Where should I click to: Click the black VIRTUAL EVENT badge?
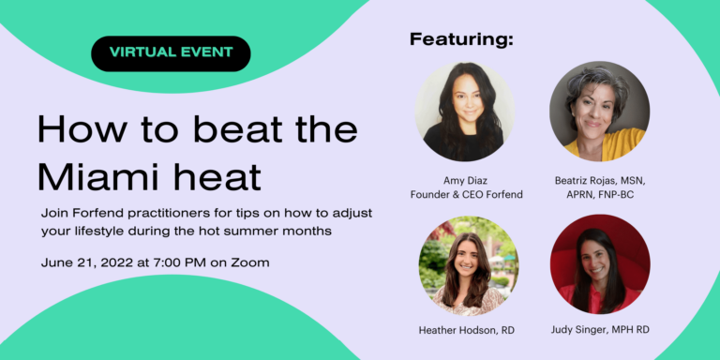[x=171, y=53]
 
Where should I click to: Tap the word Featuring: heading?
[x=461, y=40]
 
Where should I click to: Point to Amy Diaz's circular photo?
[x=465, y=112]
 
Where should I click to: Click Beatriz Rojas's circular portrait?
[x=600, y=112]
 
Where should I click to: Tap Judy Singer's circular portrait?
[x=600, y=264]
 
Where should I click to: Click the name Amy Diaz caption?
[x=467, y=180]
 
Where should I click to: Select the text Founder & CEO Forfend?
[x=467, y=195]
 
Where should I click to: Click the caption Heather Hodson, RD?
[x=467, y=330]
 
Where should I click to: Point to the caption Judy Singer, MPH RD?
[x=600, y=329]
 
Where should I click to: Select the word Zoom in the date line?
[x=249, y=263]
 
